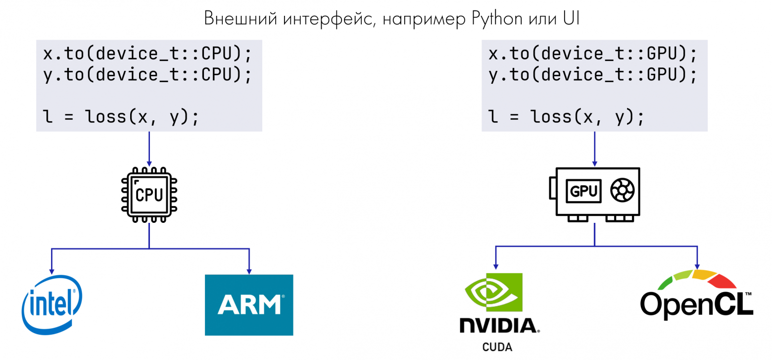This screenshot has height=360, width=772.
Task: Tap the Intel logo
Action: click(x=51, y=304)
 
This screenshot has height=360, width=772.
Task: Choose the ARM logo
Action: click(x=249, y=305)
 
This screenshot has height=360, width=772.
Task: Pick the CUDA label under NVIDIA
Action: click(x=497, y=346)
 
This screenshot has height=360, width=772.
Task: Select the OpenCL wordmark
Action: click(x=697, y=304)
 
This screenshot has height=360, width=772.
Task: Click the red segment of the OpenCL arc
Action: click(x=723, y=281)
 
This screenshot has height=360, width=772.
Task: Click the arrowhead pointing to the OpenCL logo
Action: click(x=697, y=265)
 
